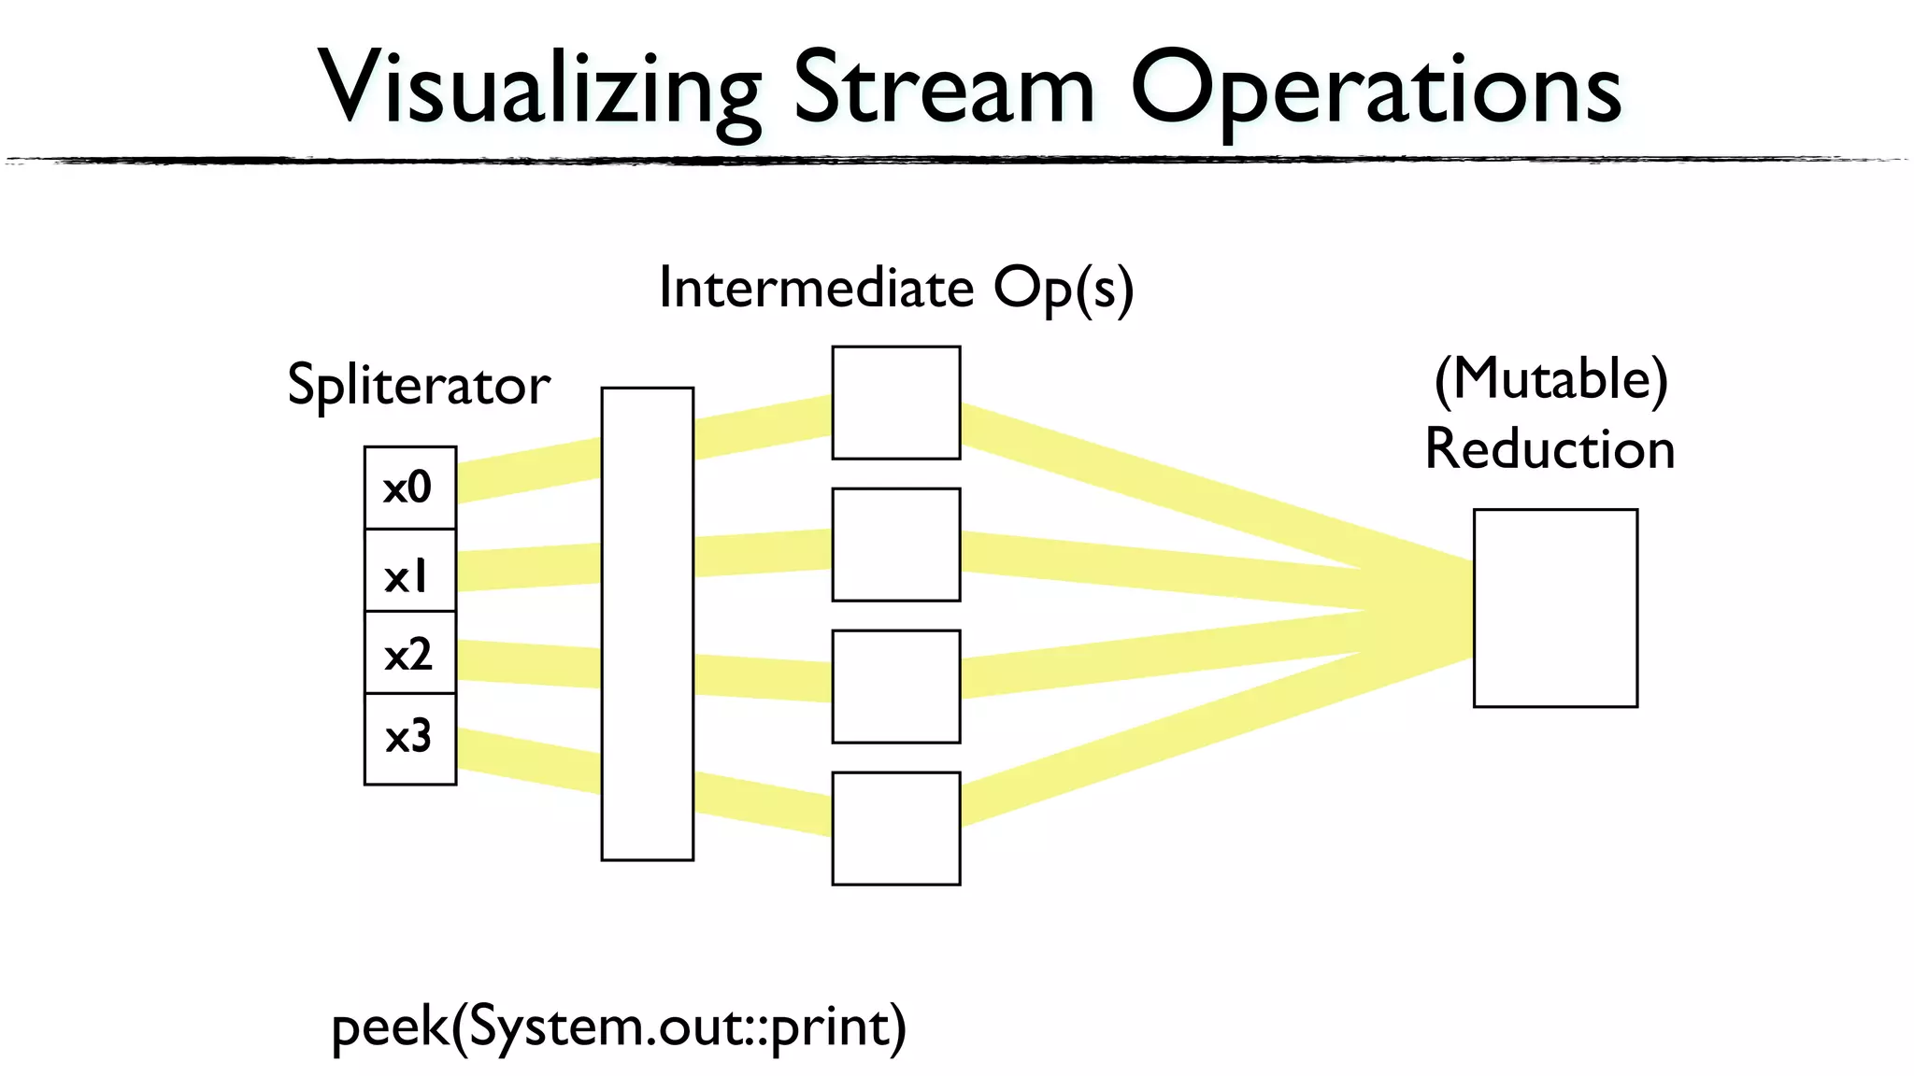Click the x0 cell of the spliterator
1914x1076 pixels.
pos(409,488)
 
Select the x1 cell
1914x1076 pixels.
pos(409,571)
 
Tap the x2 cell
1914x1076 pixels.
pos(409,653)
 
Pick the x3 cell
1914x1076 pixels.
pos(409,738)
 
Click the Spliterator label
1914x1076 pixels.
pos(418,385)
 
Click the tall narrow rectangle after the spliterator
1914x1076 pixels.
pos(647,623)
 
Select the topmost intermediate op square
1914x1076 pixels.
pos(895,403)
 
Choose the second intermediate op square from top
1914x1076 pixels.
pos(895,545)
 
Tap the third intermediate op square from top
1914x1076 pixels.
pos(895,687)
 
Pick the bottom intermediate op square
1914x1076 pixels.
pos(895,828)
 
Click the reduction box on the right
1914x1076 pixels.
pos(1555,608)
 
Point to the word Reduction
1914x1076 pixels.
pos(1550,449)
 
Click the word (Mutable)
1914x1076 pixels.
pos(1550,379)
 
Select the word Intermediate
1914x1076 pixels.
pos(816,287)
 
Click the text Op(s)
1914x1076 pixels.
pos(1063,289)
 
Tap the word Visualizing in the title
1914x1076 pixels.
pos(540,88)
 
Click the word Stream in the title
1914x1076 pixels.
pos(944,88)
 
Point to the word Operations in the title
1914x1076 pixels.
pos(1376,90)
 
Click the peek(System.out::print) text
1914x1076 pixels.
pos(619,1027)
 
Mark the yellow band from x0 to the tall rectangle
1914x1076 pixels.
pos(528,471)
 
